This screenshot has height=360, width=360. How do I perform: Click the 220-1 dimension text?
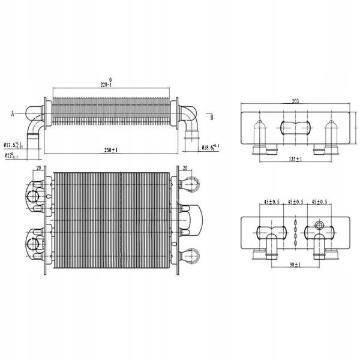pos(106,86)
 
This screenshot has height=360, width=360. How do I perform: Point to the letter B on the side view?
pos(212,117)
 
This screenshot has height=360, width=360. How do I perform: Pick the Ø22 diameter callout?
pos(11,156)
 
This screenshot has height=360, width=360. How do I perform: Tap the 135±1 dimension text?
pos(293,160)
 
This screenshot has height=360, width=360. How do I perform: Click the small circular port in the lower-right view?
pos(319,226)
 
